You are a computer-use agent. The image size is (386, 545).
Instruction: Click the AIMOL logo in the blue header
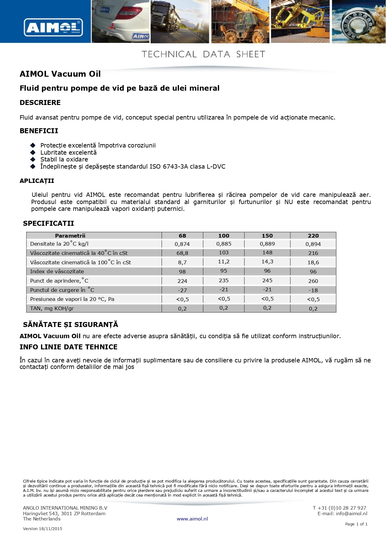(x=53, y=28)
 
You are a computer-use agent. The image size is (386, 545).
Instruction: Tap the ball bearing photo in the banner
(x=358, y=22)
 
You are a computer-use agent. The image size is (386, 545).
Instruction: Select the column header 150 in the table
(x=267, y=236)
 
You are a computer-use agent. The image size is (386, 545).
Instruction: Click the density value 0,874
(x=182, y=244)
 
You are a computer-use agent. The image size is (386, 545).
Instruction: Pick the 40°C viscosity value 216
(x=313, y=253)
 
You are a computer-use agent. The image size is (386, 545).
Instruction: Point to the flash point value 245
(x=267, y=280)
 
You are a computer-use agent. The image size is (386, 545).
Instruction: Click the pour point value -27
(x=182, y=290)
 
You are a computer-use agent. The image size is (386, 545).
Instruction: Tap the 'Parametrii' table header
(x=70, y=236)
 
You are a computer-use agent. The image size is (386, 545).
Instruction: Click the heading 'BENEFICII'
(x=39, y=131)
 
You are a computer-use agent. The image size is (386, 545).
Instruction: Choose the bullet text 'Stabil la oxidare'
(x=64, y=159)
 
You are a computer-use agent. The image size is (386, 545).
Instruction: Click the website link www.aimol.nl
(x=192, y=519)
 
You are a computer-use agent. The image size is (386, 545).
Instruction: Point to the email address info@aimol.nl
(x=352, y=514)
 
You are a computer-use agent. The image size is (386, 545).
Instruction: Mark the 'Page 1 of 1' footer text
(x=356, y=524)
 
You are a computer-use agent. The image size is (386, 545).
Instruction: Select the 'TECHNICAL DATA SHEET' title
(x=203, y=54)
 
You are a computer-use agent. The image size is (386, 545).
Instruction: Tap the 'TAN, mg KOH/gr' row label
(x=52, y=308)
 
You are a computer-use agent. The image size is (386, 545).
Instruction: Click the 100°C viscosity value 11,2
(x=223, y=262)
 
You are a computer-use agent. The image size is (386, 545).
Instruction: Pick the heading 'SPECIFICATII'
(x=48, y=223)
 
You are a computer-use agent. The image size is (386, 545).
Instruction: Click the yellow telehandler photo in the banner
(x=240, y=22)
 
